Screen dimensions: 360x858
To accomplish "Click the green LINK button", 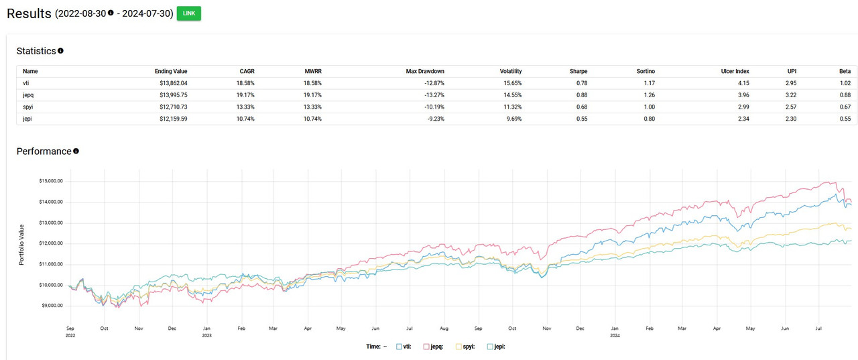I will point(188,13).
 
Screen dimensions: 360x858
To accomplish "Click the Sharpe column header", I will point(578,71).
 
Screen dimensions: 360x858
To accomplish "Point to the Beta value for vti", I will point(844,83).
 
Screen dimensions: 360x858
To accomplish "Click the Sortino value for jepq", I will point(647,95).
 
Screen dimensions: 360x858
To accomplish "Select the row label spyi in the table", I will point(29,107).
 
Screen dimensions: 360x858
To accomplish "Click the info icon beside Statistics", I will point(61,51).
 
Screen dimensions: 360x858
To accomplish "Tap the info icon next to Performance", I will point(76,152).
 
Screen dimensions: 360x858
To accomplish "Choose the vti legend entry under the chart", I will point(404,347).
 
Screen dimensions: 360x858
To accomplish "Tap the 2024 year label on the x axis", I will point(615,335).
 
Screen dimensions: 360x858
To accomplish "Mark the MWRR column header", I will point(313,71).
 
